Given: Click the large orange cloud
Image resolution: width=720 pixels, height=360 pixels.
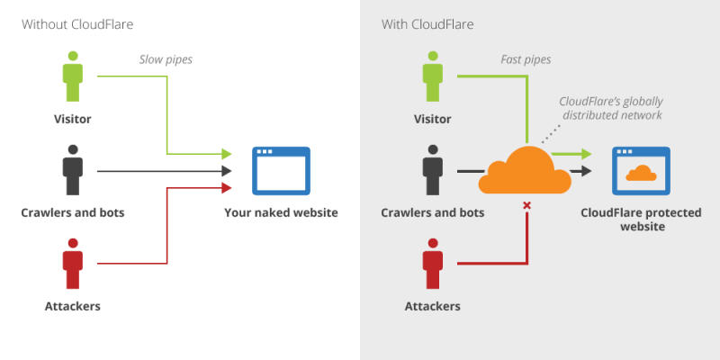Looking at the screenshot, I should click(x=524, y=171).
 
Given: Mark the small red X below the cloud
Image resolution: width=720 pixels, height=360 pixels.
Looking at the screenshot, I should click(x=526, y=206).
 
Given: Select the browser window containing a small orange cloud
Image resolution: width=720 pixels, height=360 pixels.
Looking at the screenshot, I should click(x=641, y=171).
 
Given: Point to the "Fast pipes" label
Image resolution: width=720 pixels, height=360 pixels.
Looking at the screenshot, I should click(x=526, y=60).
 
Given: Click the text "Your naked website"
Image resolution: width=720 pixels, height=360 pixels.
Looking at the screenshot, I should click(x=281, y=212).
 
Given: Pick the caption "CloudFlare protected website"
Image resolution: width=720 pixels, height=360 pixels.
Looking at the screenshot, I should click(x=641, y=220).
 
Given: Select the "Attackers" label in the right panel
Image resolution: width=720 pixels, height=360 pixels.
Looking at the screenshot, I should click(x=432, y=306).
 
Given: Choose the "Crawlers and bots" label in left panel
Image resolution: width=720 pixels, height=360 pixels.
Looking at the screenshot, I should click(x=72, y=212).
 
